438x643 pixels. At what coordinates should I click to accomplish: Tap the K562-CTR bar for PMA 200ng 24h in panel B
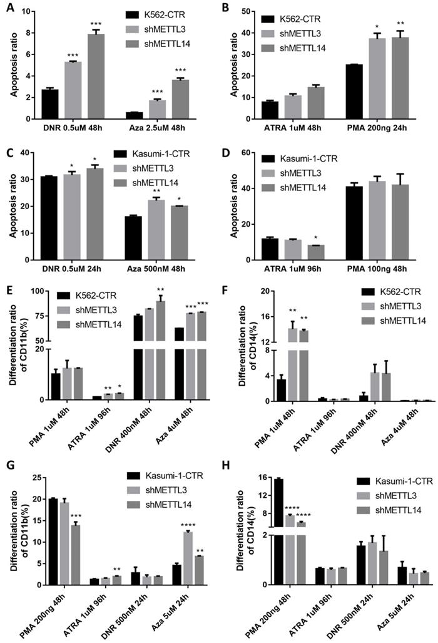(x=354, y=91)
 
